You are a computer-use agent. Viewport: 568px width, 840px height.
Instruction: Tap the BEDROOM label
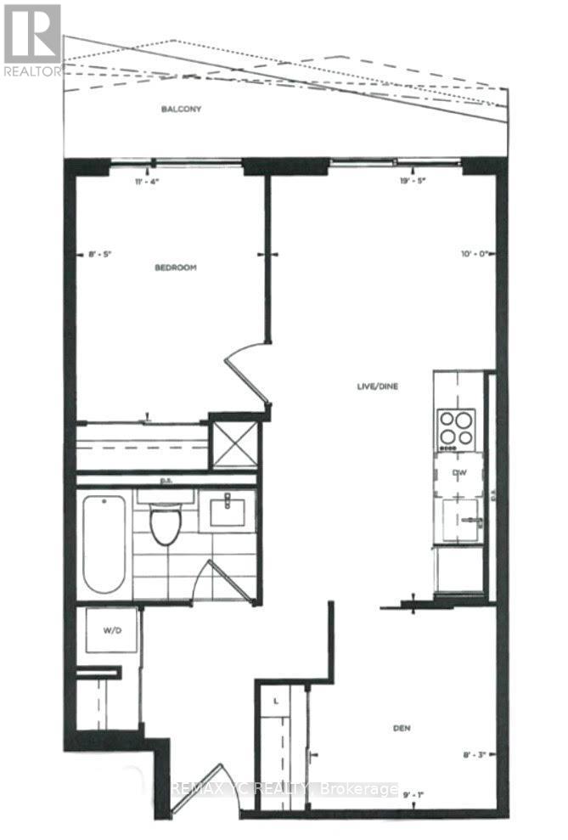(x=176, y=268)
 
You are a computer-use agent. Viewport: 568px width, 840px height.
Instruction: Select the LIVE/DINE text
(x=378, y=386)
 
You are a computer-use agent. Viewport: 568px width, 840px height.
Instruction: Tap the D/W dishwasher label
(x=459, y=473)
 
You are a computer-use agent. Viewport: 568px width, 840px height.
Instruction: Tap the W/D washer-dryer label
(x=112, y=630)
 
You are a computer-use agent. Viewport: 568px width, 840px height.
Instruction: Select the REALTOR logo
(x=31, y=39)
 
